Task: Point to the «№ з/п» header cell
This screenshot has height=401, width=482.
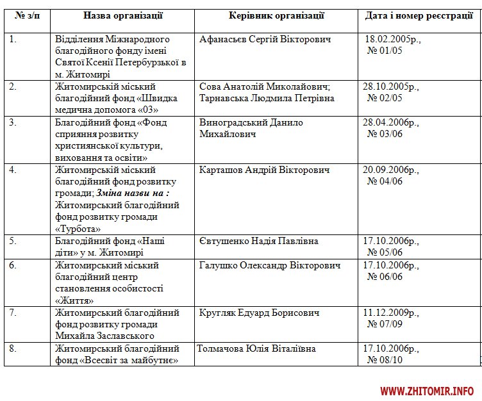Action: (x=28, y=15)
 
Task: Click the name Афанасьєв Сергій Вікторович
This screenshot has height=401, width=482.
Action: (x=266, y=40)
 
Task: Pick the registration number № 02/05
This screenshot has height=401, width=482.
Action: (x=385, y=98)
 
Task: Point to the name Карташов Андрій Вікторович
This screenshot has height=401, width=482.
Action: (x=265, y=170)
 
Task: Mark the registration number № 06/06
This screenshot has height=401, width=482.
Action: (x=385, y=276)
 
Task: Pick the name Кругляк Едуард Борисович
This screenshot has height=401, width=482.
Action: (x=259, y=313)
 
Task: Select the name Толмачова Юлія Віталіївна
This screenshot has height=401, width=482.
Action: (x=256, y=349)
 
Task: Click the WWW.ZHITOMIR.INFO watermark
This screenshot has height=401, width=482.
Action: (x=427, y=390)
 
